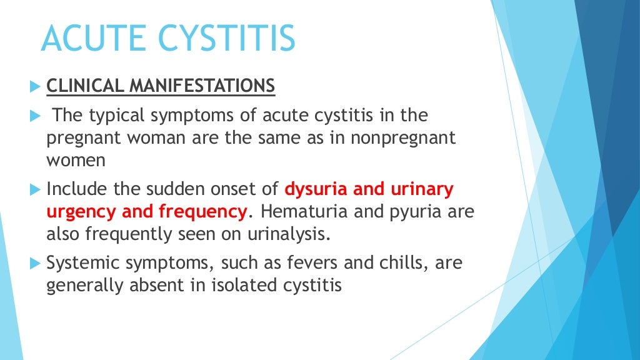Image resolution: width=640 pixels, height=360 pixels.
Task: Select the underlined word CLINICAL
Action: point(86,86)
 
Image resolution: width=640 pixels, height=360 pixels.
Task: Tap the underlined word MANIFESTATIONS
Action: point(202,86)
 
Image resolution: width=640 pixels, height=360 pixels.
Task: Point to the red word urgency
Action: point(82,211)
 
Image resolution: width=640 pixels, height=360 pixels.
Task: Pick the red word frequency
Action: point(202,211)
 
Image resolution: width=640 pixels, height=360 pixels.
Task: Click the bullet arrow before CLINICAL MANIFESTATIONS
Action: point(34,86)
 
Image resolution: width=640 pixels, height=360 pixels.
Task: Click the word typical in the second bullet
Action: point(115,116)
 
